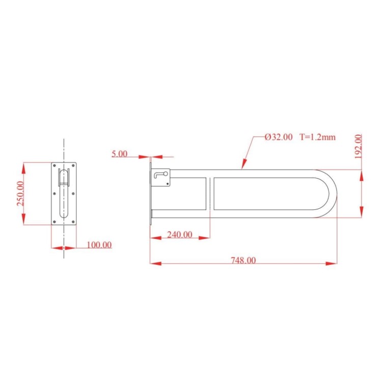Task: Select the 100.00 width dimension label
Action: pyautogui.click(x=99, y=245)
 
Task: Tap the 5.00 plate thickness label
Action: pyautogui.click(x=120, y=154)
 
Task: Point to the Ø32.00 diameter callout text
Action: pyautogui.click(x=279, y=137)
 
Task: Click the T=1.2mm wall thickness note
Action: pyautogui.click(x=317, y=137)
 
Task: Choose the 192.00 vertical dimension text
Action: pyautogui.click(x=358, y=146)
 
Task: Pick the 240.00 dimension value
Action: pyautogui.click(x=180, y=235)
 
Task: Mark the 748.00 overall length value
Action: pyautogui.click(x=243, y=260)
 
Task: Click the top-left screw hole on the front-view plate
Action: pyautogui.click(x=54, y=166)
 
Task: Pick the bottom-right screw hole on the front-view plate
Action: pyautogui.click(x=73, y=221)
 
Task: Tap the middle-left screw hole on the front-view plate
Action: pyautogui.click(x=54, y=193)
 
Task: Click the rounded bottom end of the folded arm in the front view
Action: pyautogui.click(x=64, y=216)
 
